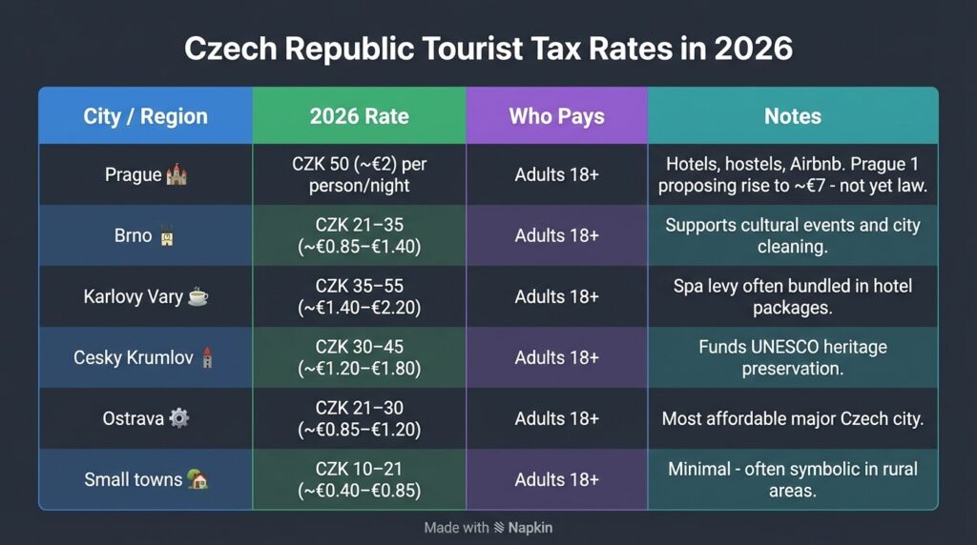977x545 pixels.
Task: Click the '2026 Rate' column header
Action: pyautogui.click(x=359, y=116)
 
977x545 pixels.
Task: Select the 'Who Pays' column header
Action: pyautogui.click(x=556, y=116)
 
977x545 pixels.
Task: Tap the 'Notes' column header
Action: pyautogui.click(x=792, y=116)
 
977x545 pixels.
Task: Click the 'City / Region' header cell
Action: pyautogui.click(x=145, y=116)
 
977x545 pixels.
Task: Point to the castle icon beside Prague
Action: pyautogui.click(x=176, y=175)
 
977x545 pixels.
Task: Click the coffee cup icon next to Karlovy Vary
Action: pyautogui.click(x=197, y=297)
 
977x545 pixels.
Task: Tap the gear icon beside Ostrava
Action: pyautogui.click(x=178, y=419)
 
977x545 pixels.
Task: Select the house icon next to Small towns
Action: pyautogui.click(x=197, y=480)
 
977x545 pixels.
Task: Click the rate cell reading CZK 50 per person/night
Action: pyautogui.click(x=359, y=174)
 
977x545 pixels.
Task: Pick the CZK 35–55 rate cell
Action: pyautogui.click(x=359, y=296)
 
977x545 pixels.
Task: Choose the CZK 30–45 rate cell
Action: pyautogui.click(x=359, y=357)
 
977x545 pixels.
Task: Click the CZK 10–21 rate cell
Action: pyautogui.click(x=359, y=479)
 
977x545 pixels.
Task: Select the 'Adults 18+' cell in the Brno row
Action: pyautogui.click(x=556, y=235)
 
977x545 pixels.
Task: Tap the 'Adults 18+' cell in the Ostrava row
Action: pyautogui.click(x=556, y=418)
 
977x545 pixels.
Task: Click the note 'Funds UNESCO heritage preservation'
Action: pyautogui.click(x=792, y=357)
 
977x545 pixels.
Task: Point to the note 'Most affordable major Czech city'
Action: pyautogui.click(x=792, y=418)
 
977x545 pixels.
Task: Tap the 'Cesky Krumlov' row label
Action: pyautogui.click(x=133, y=358)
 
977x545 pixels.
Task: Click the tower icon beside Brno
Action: pyautogui.click(x=166, y=236)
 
